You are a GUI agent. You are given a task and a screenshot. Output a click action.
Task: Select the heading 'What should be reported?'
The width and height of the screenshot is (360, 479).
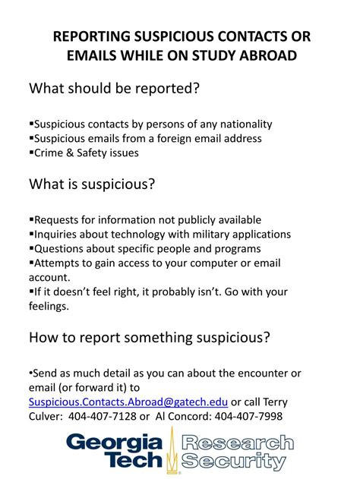tap(114, 89)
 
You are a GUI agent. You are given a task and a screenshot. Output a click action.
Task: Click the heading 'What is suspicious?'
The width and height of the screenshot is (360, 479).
tap(92, 184)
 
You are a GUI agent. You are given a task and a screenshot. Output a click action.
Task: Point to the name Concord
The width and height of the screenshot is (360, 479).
tap(194, 416)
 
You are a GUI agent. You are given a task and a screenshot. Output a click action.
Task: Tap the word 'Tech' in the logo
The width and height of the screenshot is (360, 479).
tap(135, 459)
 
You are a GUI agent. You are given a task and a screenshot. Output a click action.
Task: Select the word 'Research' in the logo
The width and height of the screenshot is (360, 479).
tap(238, 442)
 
